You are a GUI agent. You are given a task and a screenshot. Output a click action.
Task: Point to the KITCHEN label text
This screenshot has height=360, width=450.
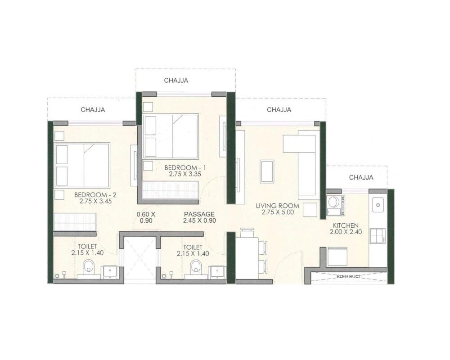(346, 225)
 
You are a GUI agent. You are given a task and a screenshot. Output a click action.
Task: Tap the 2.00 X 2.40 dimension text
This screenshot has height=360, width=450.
(346, 232)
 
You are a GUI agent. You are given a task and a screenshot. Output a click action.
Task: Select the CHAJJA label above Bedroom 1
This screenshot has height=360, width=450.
(176, 81)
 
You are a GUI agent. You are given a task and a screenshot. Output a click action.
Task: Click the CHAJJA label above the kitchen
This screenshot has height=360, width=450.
(361, 178)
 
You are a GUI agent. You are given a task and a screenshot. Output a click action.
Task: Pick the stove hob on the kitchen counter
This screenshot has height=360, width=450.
(377, 235)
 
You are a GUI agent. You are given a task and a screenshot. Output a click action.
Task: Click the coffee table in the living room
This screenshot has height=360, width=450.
(267, 171)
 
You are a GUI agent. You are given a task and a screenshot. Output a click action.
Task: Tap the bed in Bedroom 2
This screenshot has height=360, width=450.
(82, 165)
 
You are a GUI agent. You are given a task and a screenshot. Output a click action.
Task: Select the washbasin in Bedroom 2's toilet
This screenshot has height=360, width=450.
(110, 271)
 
